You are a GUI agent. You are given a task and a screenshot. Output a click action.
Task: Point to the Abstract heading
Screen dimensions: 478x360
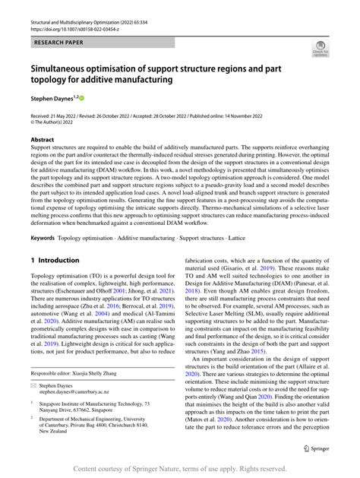point(43,140)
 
